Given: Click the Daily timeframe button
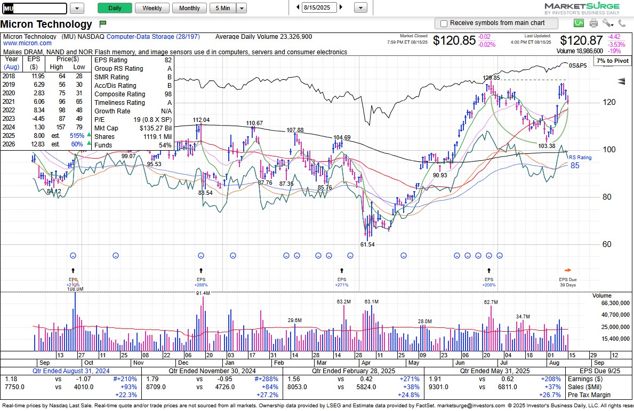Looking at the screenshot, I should [x=115, y=8].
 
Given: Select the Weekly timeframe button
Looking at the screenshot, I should [x=152, y=8].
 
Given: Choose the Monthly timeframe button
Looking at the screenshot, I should [x=189, y=8].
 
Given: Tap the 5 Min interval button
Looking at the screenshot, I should [x=222, y=8].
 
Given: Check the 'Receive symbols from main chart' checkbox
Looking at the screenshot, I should [x=443, y=23].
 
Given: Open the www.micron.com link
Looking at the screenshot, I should [x=28, y=43].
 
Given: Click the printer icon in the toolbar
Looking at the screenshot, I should [x=593, y=23].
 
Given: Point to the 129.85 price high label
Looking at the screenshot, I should [x=491, y=78].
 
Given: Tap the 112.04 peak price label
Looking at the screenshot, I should [x=201, y=120].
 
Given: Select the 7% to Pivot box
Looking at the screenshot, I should [x=612, y=61].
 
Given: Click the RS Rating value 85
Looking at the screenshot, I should [x=575, y=166].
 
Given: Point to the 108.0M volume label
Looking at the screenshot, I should [x=75, y=289].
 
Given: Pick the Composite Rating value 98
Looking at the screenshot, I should [x=168, y=94].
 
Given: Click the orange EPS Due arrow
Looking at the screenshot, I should [x=568, y=270].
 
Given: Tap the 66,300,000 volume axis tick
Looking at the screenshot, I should [x=612, y=303].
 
